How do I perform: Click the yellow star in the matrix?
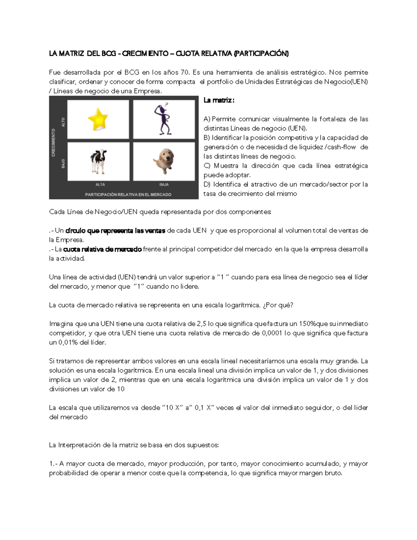[x=98, y=119]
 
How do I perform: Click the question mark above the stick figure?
[x=166, y=104]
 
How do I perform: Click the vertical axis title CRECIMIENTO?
[x=54, y=143]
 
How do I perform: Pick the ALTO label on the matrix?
[x=63, y=122]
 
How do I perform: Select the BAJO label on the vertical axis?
[x=63, y=163]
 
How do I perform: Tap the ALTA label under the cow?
[x=100, y=185]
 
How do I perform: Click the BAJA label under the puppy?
[x=164, y=185]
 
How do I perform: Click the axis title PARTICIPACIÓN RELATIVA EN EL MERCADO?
[x=128, y=195]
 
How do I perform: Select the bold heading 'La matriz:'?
[x=219, y=100]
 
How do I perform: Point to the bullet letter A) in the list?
[x=207, y=119]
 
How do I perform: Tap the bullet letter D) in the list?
[x=207, y=184]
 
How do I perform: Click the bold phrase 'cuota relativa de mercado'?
[x=102, y=249]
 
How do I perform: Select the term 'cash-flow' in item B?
[x=341, y=147]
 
